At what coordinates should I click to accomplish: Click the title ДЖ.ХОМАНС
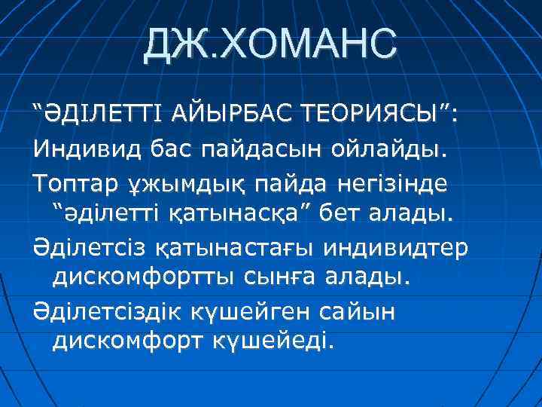click(270, 43)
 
